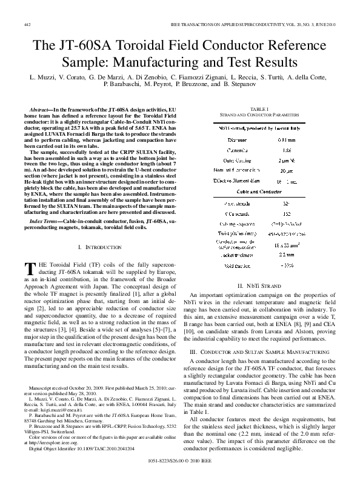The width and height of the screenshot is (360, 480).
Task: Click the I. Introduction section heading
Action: pyautogui.click(x=101, y=248)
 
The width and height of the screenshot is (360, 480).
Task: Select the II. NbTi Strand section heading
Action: pyautogui.click(x=258, y=302)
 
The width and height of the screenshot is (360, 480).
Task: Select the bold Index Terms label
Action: pyautogui.click(x=44, y=223)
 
